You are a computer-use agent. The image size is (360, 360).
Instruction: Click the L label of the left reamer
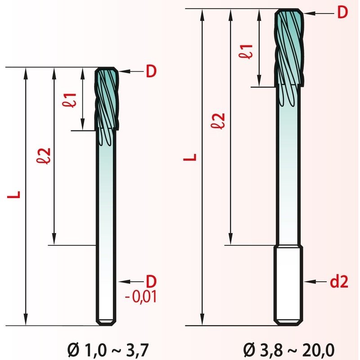point(14,194)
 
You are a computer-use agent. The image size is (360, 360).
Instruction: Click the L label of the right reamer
point(190,157)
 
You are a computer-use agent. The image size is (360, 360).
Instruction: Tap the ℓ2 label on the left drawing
point(44,156)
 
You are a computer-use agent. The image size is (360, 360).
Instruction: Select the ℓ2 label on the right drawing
point(218,121)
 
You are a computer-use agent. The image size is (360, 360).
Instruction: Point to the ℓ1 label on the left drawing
point(69,100)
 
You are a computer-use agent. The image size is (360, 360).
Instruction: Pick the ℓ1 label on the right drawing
point(246,52)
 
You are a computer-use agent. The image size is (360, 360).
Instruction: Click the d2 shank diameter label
point(339,282)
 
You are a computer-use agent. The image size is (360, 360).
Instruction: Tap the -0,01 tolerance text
point(141,297)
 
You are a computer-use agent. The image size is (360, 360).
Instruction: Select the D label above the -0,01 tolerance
point(151,281)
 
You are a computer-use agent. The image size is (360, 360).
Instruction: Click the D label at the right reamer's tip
point(342,13)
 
